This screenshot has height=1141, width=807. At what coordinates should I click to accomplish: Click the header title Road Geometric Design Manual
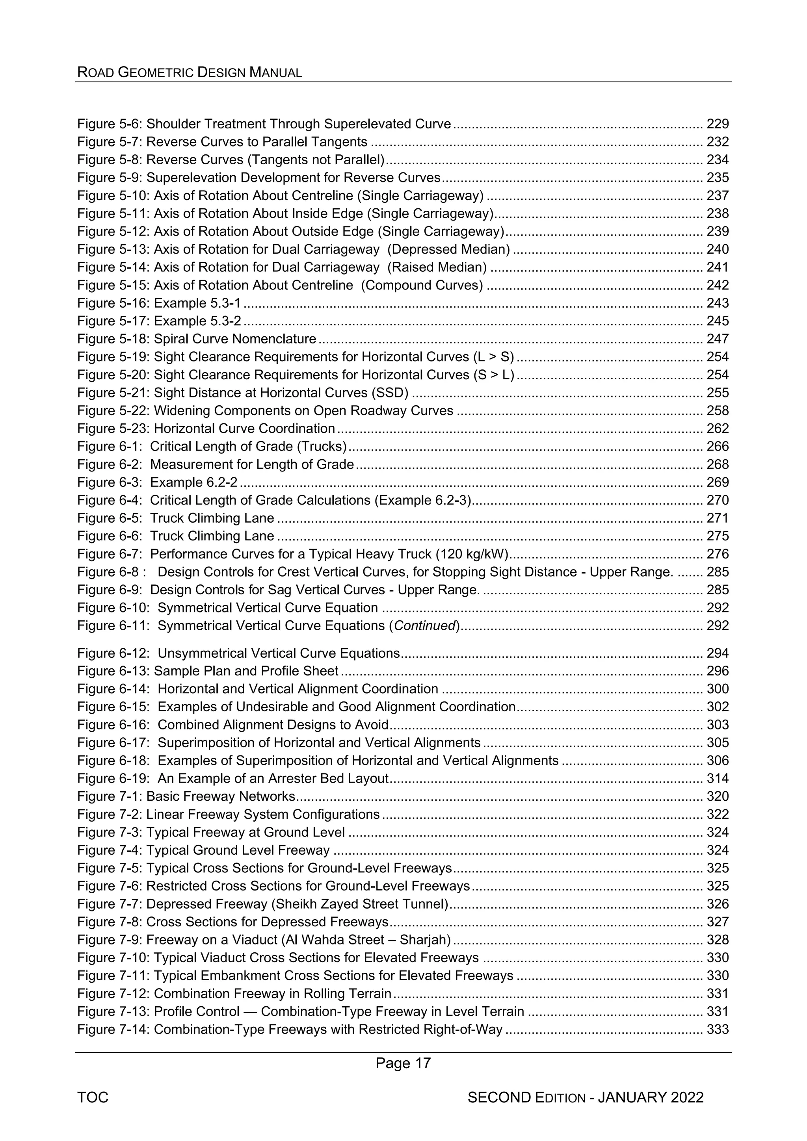coord(190,72)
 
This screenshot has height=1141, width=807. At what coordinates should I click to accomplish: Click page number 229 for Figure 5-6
coord(718,124)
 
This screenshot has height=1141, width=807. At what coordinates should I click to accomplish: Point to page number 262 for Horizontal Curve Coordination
coord(718,429)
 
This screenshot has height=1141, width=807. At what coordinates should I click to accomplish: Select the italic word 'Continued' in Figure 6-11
coord(425,626)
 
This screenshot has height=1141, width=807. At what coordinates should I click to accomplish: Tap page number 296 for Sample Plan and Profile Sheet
coord(718,671)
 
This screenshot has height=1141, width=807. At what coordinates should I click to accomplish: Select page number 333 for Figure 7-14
coord(718,1029)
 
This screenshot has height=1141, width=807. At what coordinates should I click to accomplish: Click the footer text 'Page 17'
coord(403,1063)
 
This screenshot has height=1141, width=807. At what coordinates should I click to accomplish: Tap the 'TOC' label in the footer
coord(93,1097)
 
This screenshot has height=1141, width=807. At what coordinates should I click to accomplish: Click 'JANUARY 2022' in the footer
coord(651,1097)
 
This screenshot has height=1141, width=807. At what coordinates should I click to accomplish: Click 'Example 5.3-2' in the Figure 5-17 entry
coord(197,321)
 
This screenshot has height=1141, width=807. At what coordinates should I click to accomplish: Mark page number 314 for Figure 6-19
coord(718,778)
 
